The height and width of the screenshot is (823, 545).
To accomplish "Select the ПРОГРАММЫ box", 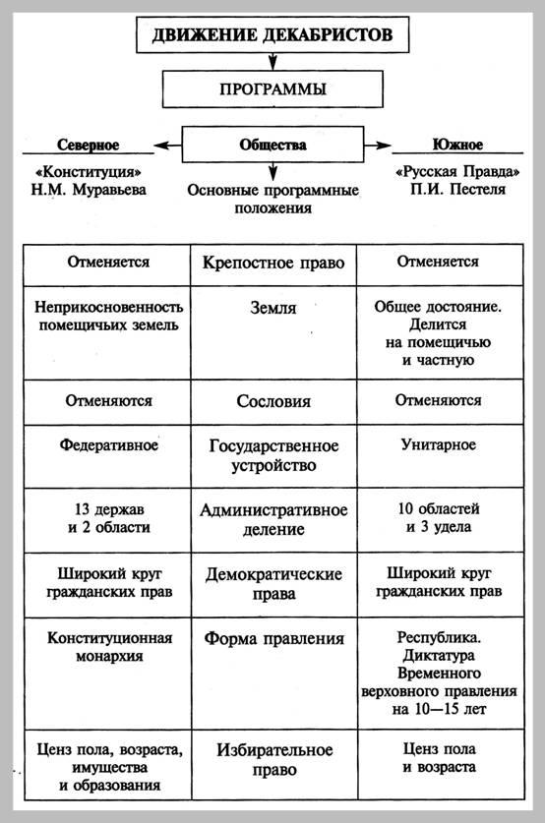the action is click(x=272, y=89).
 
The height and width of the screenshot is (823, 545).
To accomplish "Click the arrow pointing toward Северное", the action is click(x=169, y=147).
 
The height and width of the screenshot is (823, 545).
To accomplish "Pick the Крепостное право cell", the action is click(x=272, y=265).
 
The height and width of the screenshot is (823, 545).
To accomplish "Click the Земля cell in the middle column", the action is click(x=272, y=309).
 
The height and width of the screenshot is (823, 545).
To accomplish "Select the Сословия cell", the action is click(x=272, y=401).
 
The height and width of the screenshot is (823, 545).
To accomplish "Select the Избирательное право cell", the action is click(x=272, y=760).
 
